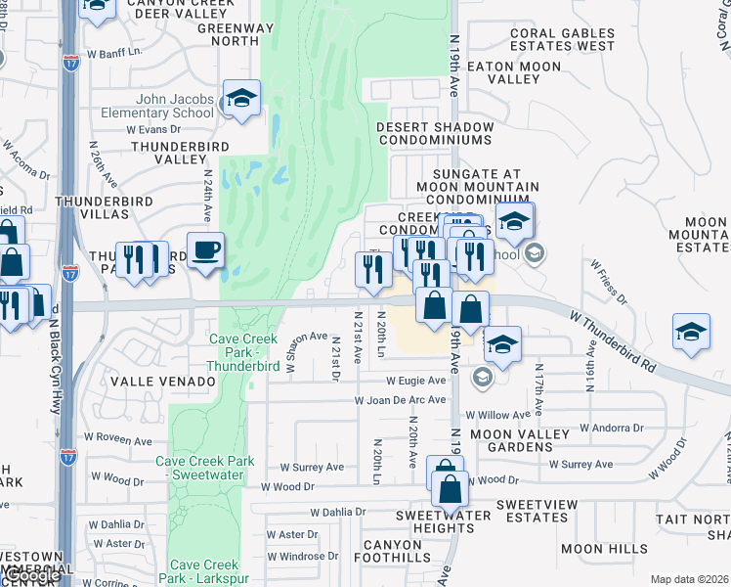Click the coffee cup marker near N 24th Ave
coord(205,251)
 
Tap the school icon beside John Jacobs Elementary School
coord(241,99)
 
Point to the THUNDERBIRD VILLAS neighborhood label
coord(92,206)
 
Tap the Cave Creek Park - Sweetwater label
coord(205,468)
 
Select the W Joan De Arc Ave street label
coord(400,400)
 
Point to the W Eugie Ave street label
coord(417,380)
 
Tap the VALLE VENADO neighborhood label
coord(162,381)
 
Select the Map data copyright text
coord(689,579)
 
